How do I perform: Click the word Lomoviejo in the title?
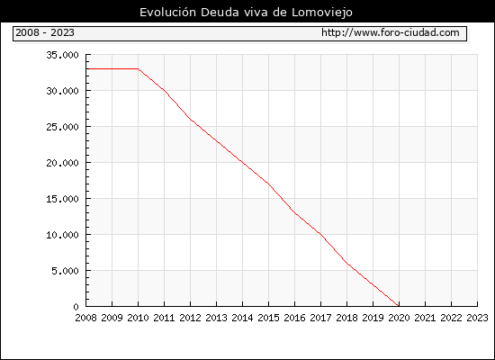[x=321, y=13]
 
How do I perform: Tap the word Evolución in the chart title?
[x=168, y=13]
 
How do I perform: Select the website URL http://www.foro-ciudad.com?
[x=391, y=32]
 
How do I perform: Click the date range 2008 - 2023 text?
[x=45, y=32]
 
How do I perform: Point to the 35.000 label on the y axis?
[x=62, y=55]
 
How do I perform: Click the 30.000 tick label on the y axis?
[x=62, y=91]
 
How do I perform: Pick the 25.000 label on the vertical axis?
[x=62, y=127]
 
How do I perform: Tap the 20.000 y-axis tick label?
[x=62, y=163]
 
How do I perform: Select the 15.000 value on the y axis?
[x=62, y=199]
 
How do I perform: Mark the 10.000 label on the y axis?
[x=62, y=235]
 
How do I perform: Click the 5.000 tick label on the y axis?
[x=66, y=271]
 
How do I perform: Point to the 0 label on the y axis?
[x=76, y=307]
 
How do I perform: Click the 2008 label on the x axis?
[x=85, y=318]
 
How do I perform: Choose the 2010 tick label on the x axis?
[x=138, y=318]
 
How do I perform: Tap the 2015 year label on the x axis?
[x=269, y=318]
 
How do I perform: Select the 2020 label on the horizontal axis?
[x=399, y=318]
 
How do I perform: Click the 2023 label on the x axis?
[x=477, y=318]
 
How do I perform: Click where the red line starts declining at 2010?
[x=139, y=68]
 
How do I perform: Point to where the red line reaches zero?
[x=399, y=306]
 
